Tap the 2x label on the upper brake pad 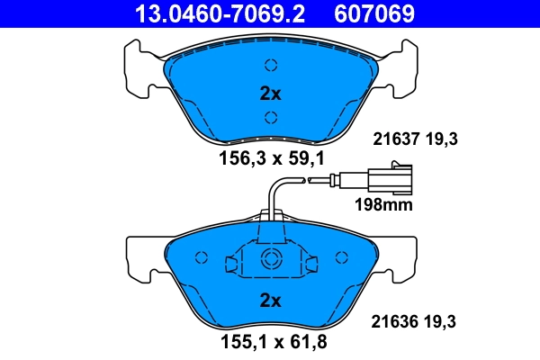pyautogui.click(x=270, y=93)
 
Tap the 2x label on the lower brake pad pyautogui.click(x=270, y=299)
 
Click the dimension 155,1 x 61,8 pyautogui.click(x=270, y=342)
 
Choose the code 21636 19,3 pyautogui.click(x=416, y=319)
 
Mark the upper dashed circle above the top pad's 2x pyautogui.click(x=270, y=64)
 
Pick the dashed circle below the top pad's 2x pyautogui.click(x=270, y=116)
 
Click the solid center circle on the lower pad pyautogui.click(x=270, y=260)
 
